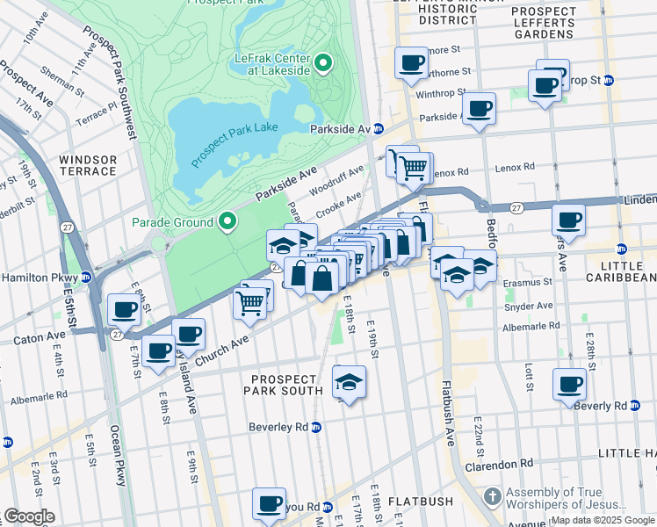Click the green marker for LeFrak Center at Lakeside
[323, 63]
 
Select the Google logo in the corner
[29, 516]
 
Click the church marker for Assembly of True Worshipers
[493, 497]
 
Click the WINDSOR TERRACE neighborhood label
[88, 165]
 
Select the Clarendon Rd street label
[502, 463]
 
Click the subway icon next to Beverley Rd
[316, 427]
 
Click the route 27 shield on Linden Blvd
[517, 207]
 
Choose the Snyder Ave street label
[528, 306]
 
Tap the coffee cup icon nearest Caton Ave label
[123, 309]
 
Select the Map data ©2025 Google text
[602, 520]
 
